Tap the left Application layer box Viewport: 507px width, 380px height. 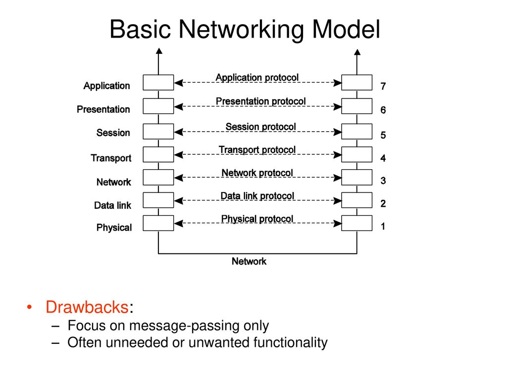click(x=158, y=83)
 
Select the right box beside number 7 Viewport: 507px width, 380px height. click(x=356, y=83)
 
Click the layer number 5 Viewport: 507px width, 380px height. click(x=383, y=135)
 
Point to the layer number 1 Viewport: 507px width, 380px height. click(x=383, y=226)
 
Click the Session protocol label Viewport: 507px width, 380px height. click(x=260, y=127)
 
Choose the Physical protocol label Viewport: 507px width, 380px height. click(x=257, y=219)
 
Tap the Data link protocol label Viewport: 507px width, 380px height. click(x=257, y=196)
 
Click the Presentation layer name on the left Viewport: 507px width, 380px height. click(x=103, y=109)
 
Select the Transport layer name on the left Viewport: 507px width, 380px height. click(x=111, y=158)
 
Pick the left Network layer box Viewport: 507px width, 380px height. click(x=158, y=178)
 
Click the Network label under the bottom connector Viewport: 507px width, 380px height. click(x=249, y=261)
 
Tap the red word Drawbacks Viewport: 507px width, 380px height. click(x=87, y=307)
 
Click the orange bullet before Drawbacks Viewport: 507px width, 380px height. click(x=29, y=307)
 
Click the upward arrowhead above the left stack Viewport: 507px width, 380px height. click(x=158, y=51)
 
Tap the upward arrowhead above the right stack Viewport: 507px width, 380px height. click(x=357, y=52)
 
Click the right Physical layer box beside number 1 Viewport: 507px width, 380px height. click(x=356, y=223)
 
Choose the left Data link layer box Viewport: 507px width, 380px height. click(x=158, y=200)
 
